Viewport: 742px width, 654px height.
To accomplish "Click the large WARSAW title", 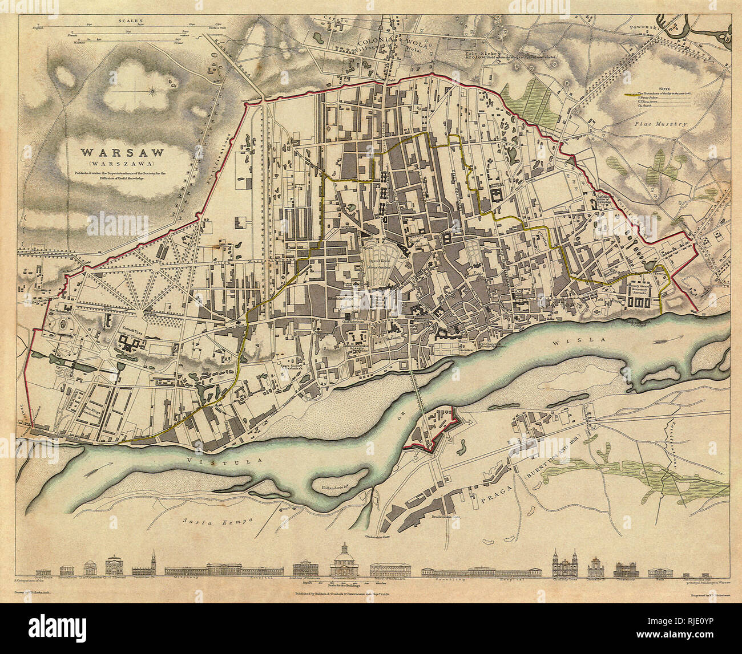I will pyautogui.click(x=122, y=153).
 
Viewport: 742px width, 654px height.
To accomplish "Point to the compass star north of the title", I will pyautogui.click(x=152, y=90).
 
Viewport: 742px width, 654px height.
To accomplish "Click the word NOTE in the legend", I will pyautogui.click(x=663, y=88).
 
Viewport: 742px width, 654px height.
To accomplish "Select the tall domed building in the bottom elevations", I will pyautogui.click(x=344, y=561).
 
